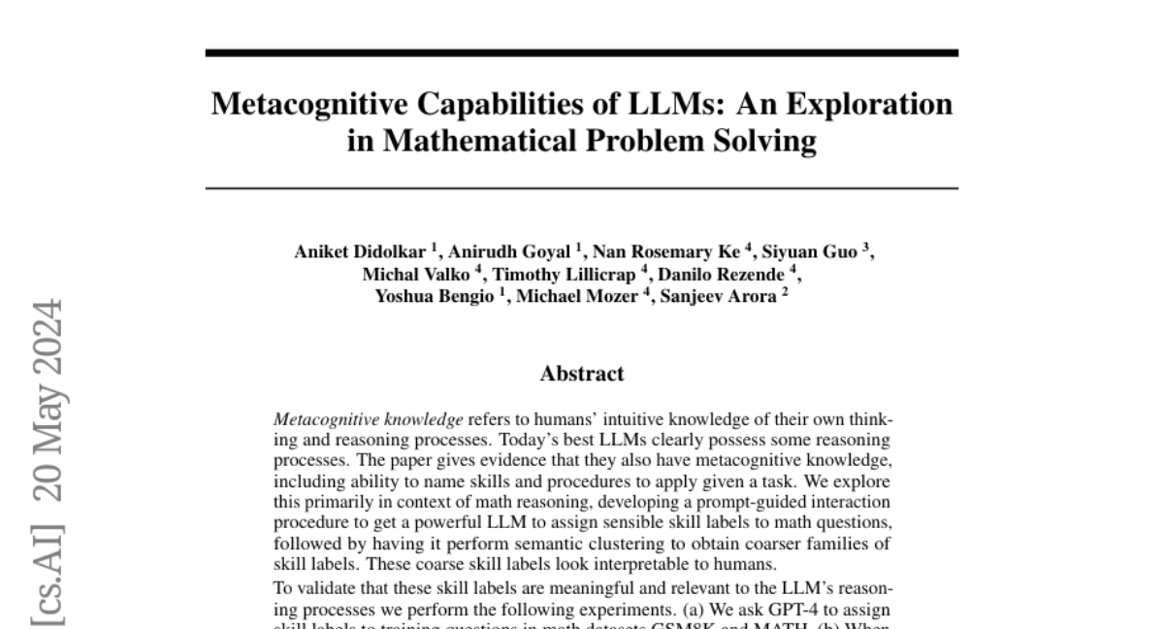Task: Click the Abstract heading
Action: point(582,374)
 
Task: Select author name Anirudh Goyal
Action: point(509,252)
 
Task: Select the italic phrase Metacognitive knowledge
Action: point(369,420)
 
